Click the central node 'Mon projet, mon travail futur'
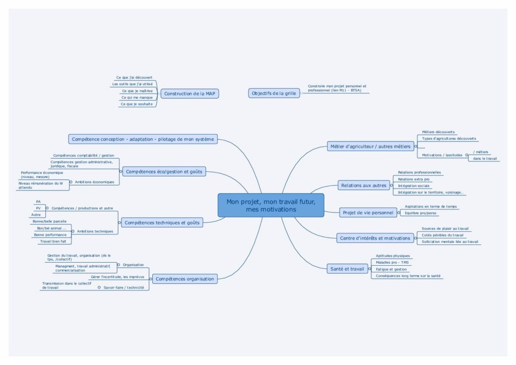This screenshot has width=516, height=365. (x=271, y=205)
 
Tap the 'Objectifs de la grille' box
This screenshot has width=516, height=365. (x=274, y=93)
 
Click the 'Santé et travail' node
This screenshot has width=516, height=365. (x=346, y=269)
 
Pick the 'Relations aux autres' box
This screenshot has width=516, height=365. (x=363, y=186)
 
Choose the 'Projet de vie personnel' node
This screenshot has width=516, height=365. (x=368, y=213)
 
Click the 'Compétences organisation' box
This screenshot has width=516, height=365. (x=184, y=279)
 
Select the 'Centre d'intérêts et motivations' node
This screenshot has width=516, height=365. (x=375, y=238)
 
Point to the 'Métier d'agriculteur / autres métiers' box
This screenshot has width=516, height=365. (x=370, y=146)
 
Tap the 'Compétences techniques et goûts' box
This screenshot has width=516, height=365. (x=161, y=222)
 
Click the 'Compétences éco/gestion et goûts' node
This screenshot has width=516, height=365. (x=164, y=171)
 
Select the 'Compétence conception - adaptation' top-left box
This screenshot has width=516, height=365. (x=143, y=139)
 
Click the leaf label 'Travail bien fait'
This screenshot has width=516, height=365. (x=53, y=241)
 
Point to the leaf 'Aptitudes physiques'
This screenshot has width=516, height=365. (x=393, y=256)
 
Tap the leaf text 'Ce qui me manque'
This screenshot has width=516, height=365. (x=137, y=97)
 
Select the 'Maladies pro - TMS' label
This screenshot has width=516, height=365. (x=392, y=263)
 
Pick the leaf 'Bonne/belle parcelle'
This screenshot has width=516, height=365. (x=49, y=222)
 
